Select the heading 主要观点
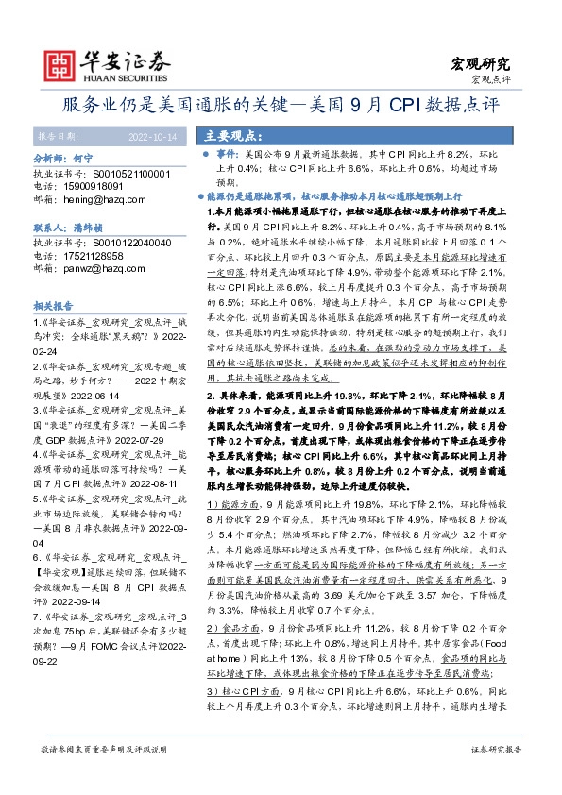[234, 135]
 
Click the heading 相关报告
[53, 307]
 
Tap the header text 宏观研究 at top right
[481, 64]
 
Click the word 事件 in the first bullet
[228, 153]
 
